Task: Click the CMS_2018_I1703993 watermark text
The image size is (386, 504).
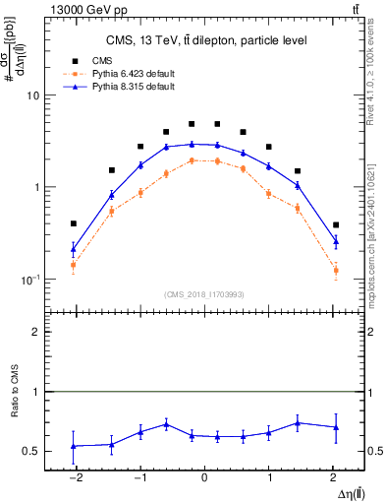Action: pos(204,294)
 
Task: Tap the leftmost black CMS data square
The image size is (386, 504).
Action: pos(74,223)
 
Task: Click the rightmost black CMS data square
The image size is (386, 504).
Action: pos(336,224)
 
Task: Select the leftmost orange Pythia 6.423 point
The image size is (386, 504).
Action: pos(74,264)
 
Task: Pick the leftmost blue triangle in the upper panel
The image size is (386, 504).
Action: pos(74,248)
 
